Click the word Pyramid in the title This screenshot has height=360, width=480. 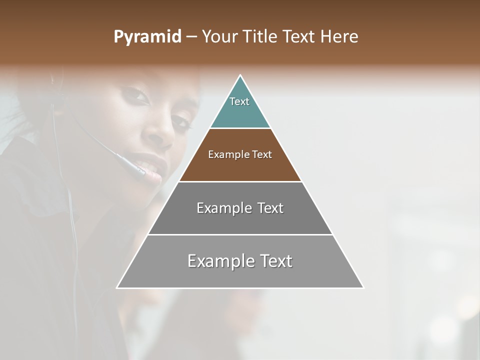[147, 37]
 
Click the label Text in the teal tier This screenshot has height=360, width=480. [239, 101]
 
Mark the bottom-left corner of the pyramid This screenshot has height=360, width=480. [117, 287]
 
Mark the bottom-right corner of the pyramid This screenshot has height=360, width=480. [363, 287]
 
